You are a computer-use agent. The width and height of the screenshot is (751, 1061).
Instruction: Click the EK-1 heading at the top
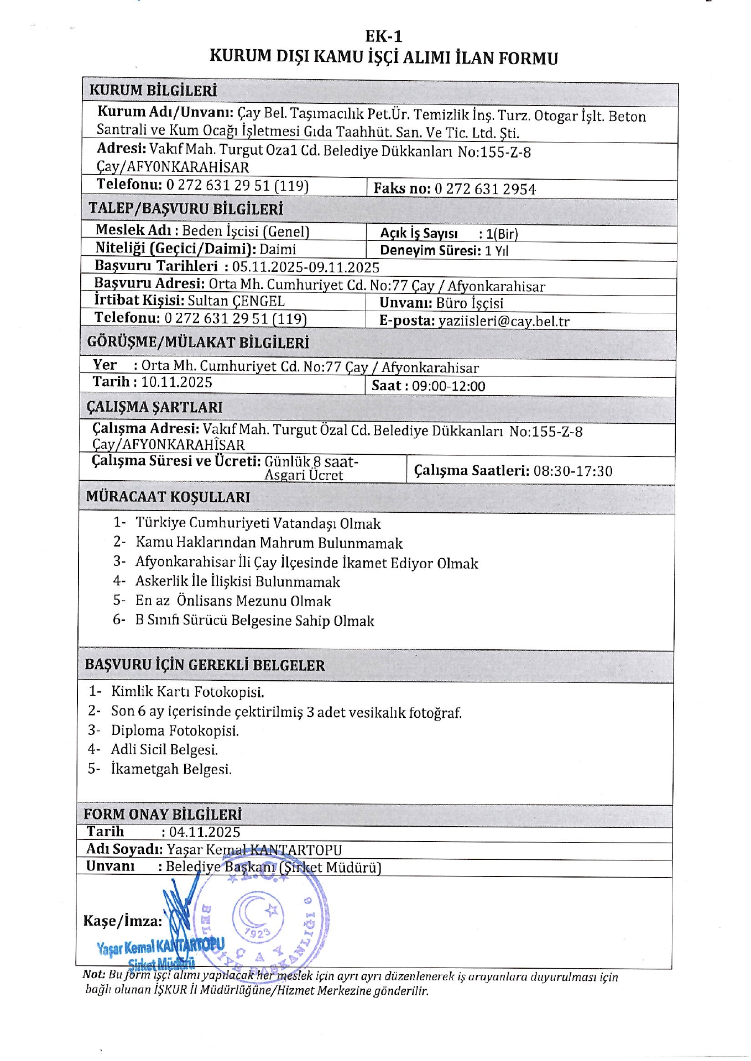click(384, 36)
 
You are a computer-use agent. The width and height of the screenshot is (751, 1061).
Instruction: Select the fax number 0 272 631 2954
click(484, 190)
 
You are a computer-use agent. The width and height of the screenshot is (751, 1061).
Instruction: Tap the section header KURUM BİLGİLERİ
click(153, 91)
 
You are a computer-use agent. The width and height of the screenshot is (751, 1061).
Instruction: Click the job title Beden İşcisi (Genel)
click(246, 231)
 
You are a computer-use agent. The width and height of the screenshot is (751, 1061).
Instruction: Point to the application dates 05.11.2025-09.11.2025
click(305, 267)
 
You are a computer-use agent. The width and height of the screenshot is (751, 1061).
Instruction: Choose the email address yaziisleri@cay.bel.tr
click(503, 321)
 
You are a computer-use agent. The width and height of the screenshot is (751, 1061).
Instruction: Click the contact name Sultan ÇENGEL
click(236, 301)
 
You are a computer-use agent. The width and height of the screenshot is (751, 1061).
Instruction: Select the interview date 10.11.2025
click(176, 382)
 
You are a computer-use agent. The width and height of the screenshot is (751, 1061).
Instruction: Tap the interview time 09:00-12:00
click(448, 386)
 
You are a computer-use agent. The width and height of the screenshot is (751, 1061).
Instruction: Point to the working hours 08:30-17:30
click(573, 471)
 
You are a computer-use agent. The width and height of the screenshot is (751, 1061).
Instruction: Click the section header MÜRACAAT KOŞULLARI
click(168, 497)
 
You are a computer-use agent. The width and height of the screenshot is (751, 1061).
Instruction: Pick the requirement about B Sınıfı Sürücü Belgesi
click(254, 621)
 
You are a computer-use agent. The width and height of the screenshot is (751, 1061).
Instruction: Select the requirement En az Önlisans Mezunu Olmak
click(233, 601)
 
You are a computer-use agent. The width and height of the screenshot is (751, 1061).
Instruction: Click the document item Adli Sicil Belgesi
click(164, 749)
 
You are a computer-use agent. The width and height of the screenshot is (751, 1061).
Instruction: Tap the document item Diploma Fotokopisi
click(175, 731)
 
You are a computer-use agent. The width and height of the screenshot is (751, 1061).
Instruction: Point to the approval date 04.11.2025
click(205, 832)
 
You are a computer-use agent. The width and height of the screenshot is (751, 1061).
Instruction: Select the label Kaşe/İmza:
click(123, 921)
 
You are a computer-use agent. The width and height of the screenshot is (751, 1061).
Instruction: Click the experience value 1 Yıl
click(496, 251)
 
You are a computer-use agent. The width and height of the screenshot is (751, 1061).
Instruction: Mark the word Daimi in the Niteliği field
click(278, 249)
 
